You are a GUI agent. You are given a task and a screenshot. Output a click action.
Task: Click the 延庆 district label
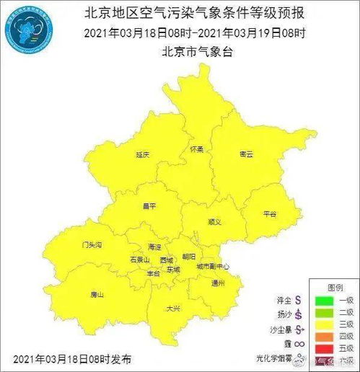tap(142, 155)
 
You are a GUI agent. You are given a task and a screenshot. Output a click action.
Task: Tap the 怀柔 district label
tap(197, 149)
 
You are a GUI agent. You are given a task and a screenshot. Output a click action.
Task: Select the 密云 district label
tap(246, 154)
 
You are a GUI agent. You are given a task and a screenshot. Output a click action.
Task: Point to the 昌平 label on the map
tap(149, 206)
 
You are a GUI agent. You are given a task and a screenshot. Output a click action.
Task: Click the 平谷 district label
tap(269, 213)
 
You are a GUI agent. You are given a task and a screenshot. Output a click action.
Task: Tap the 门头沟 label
tap(92, 245)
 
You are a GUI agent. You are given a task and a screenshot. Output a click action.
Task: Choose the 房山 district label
tap(97, 295)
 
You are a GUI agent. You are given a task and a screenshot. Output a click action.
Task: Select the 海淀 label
tap(154, 247)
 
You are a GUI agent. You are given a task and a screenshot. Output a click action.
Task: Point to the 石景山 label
tap(139, 259)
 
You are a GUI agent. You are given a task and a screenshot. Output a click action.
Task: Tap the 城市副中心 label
tap(213, 267)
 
